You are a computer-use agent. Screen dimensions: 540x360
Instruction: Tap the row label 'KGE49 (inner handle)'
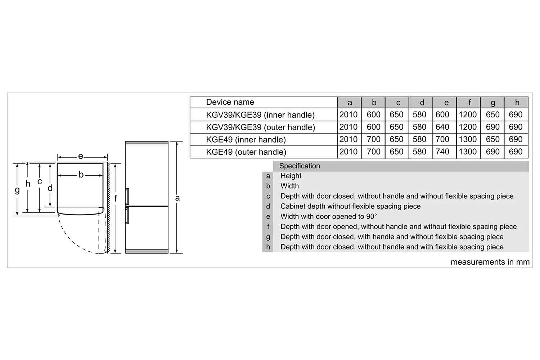(246, 140)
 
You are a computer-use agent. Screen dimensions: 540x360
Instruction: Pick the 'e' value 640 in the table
(442, 127)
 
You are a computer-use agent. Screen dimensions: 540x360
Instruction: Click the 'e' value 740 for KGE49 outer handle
(442, 152)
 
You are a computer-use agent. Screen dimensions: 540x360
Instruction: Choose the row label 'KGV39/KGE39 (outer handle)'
(261, 127)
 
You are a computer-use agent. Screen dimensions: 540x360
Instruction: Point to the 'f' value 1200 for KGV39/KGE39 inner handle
(467, 114)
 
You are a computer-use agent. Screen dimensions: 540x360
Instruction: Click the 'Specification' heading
(300, 166)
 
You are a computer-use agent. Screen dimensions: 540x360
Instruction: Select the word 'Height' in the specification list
(291, 176)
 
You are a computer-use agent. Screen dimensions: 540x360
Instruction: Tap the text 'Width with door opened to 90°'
(329, 216)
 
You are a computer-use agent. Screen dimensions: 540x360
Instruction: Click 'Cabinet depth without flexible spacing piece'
(351, 206)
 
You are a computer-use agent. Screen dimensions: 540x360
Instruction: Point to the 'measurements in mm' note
(490, 262)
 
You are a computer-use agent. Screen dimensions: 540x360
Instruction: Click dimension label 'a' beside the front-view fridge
(177, 198)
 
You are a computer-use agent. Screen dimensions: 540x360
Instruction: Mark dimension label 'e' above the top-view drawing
(81, 157)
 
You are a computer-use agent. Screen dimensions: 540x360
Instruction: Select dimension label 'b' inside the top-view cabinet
(81, 174)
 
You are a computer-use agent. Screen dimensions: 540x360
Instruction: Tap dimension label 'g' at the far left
(17, 190)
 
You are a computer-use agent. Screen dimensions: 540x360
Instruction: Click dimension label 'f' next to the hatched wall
(116, 198)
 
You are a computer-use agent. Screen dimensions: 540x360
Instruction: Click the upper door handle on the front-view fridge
(127, 196)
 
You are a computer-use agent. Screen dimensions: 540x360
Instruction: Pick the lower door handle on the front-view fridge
(127, 216)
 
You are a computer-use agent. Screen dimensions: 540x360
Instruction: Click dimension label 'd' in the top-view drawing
(50, 188)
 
